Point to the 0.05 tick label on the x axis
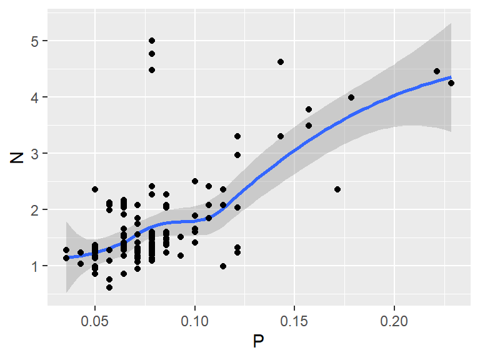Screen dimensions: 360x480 coord(95,319)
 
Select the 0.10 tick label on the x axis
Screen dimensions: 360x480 coord(195,319)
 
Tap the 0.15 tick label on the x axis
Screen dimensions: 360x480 coord(294,319)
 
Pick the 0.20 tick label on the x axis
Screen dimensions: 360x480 coord(394,319)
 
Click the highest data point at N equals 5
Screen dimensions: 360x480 coord(152,41)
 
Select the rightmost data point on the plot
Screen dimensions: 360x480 coord(451,83)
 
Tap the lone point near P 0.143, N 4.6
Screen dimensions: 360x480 coord(281,62)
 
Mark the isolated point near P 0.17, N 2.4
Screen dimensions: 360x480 coord(337,189)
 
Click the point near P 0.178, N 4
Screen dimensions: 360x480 coord(351,97)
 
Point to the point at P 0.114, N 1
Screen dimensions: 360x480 coord(223,266)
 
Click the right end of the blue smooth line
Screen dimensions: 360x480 coord(451,77)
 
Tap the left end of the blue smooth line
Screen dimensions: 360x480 coord(66,257)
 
